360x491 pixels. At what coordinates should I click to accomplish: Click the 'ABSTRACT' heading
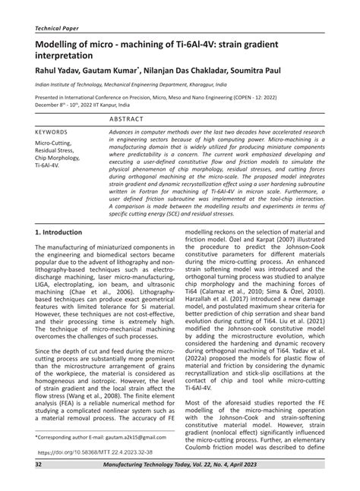tap(127, 119)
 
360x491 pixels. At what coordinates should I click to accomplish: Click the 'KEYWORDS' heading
tap(52, 131)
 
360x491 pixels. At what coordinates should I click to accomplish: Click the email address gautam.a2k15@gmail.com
tap(132, 439)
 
